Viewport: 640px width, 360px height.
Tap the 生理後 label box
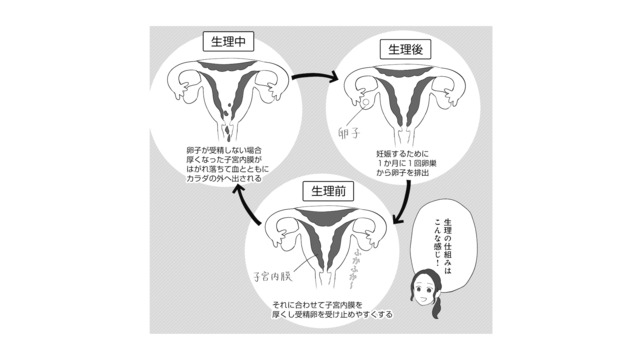click(x=402, y=47)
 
